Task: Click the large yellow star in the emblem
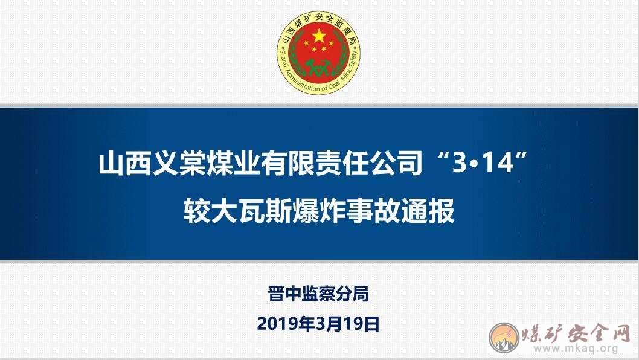[x=319, y=36]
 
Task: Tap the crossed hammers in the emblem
[x=318, y=67]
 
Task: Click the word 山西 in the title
[x=124, y=163]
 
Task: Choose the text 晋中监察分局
[x=319, y=294]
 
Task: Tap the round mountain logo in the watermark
[x=504, y=338]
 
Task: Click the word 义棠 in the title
[x=179, y=163]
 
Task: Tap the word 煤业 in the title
[x=233, y=163]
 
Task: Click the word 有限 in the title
[x=287, y=163]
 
